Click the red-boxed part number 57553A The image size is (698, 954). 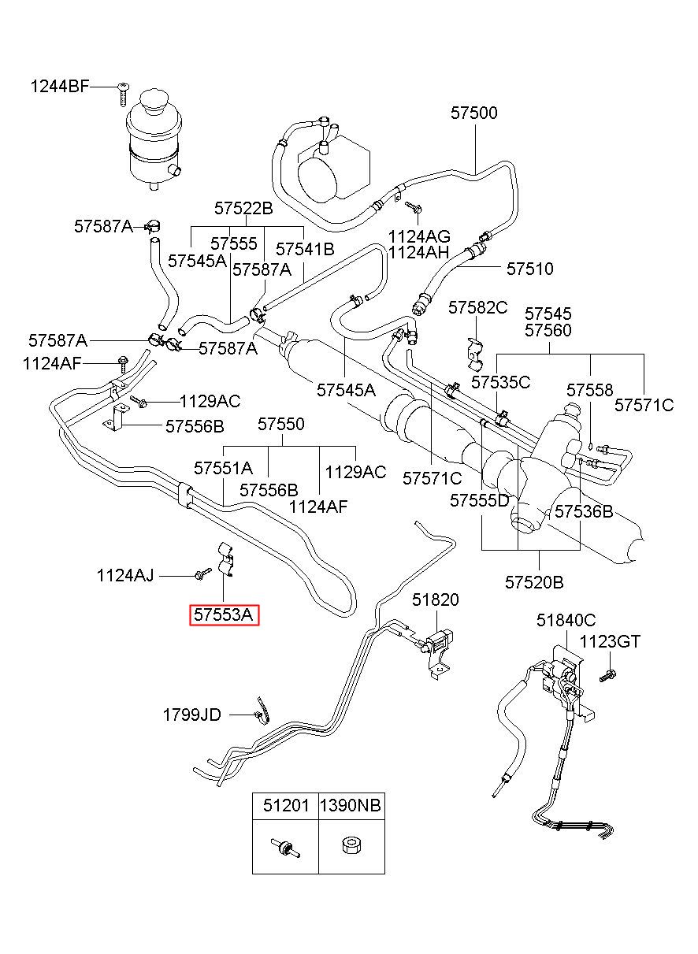tap(224, 614)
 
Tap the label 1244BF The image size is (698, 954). tap(59, 87)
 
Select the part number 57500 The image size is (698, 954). tap(474, 113)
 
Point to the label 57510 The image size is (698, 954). tap(529, 269)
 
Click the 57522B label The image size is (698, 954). tap(243, 208)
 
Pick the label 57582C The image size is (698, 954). tap(478, 307)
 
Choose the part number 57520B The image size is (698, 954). tap(534, 582)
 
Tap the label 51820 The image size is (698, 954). tap(435, 599)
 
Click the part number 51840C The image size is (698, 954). tap(566, 620)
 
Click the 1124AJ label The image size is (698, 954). tap(125, 576)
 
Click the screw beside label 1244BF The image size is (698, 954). tap(123, 94)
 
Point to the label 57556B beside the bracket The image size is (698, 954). tap(195, 426)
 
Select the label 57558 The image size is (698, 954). tap(589, 390)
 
